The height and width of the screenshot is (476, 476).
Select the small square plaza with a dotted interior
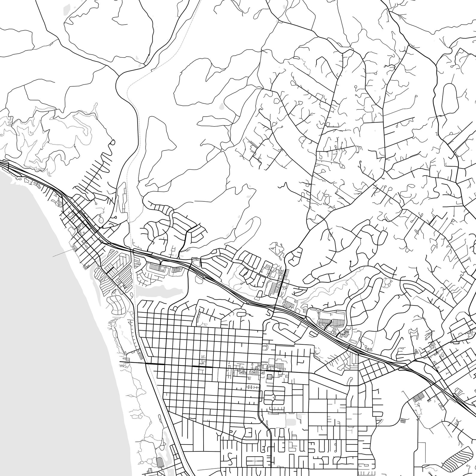(x=269, y=376)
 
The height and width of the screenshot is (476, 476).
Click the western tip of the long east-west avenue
(x=120, y=362)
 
